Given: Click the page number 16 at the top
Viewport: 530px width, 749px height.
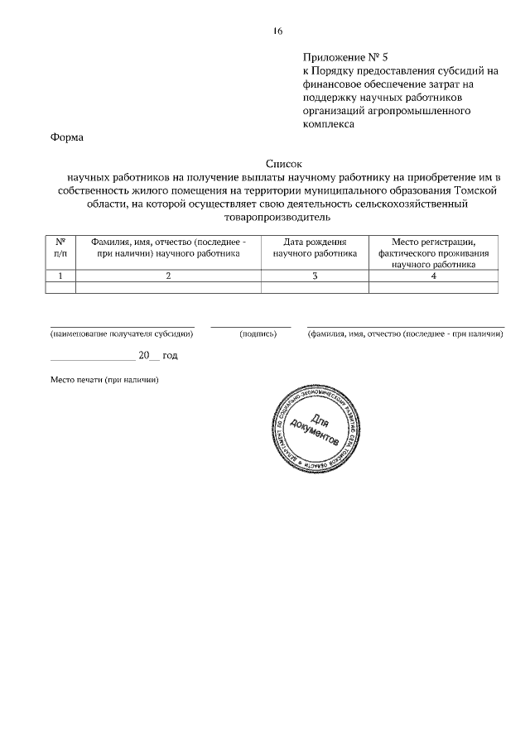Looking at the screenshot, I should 277,31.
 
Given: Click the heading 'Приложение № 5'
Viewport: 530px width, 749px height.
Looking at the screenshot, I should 345,58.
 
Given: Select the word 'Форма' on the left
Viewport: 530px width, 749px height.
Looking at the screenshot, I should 68,137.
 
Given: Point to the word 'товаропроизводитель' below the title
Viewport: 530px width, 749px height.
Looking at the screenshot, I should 277,218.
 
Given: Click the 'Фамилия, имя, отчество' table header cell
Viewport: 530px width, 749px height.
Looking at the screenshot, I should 168,247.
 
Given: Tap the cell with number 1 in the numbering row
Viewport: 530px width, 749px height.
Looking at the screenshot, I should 60,276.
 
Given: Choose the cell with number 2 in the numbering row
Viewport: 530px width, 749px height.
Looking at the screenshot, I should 168,276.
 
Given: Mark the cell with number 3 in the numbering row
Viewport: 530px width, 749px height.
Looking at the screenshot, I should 315,276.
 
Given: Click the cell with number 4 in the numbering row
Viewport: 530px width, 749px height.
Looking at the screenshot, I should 433,276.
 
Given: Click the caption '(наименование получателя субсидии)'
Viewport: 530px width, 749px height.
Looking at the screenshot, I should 122,334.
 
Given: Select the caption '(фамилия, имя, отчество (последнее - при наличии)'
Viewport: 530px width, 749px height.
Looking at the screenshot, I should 406,334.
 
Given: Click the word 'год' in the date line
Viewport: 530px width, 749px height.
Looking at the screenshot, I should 170,355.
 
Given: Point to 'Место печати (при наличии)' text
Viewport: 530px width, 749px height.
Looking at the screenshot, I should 104,379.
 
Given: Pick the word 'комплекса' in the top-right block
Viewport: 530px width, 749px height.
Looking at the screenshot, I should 329,124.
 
